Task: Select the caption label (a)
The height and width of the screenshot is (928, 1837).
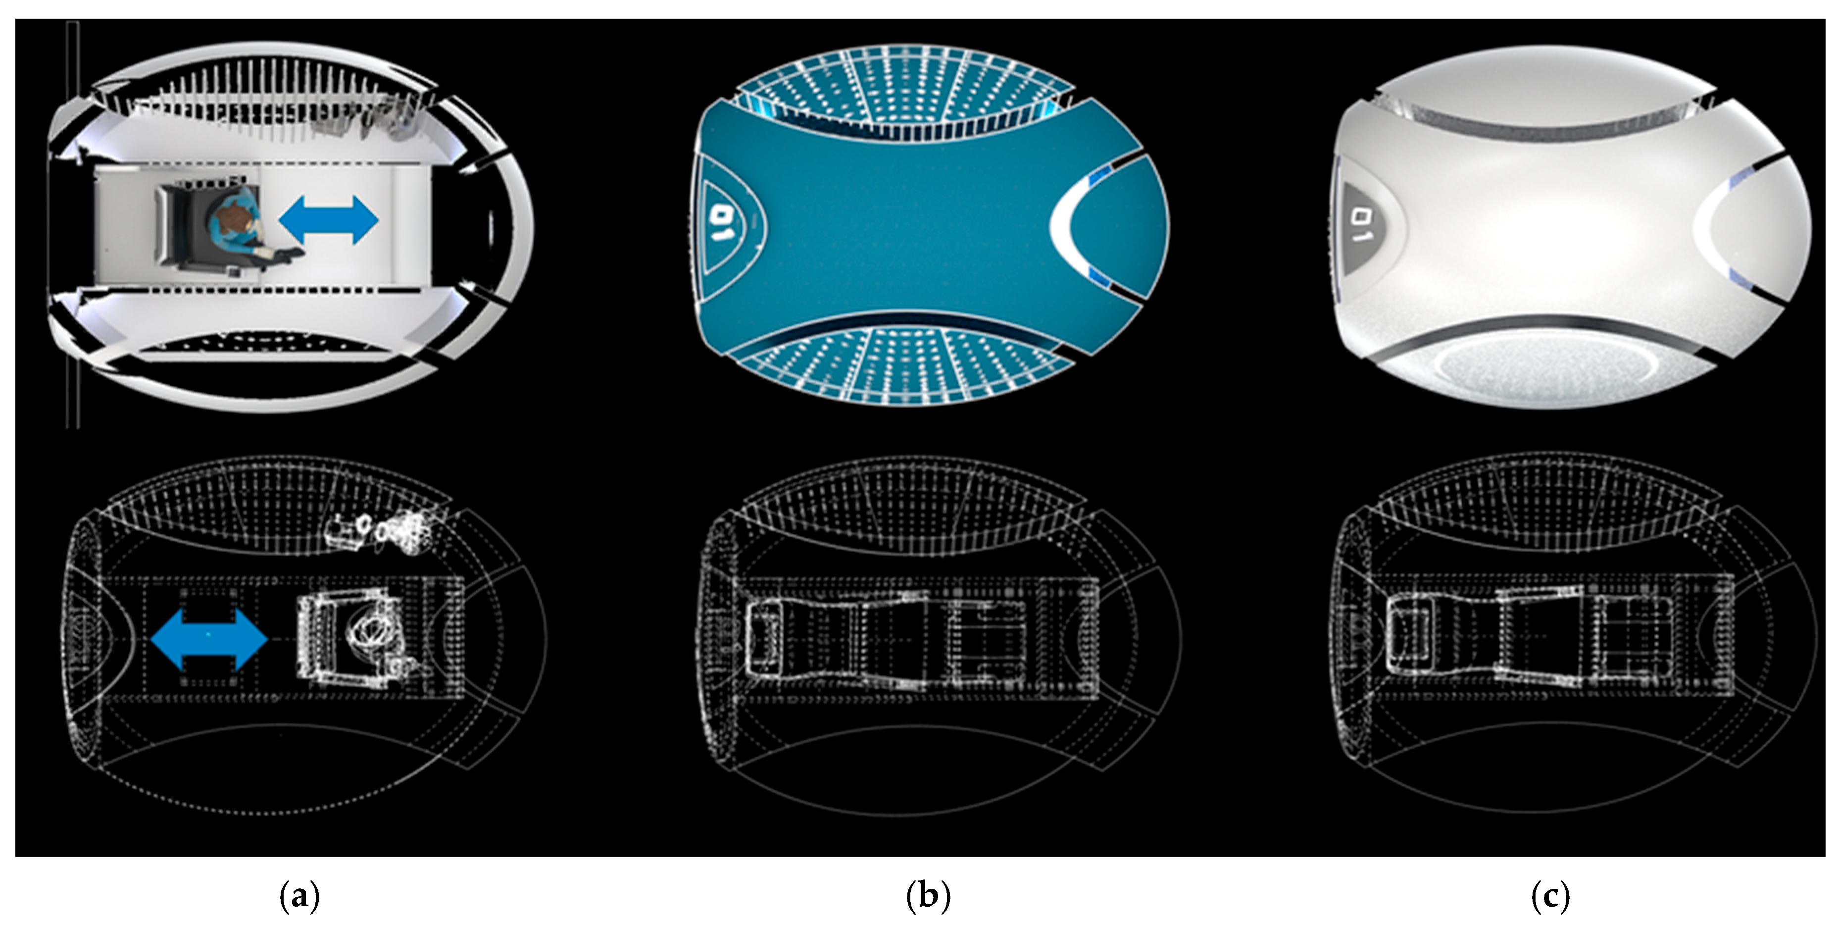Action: pos(299,896)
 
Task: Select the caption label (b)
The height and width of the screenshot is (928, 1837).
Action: pos(927,896)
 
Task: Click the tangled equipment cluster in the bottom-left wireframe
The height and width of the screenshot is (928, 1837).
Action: pos(378,531)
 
